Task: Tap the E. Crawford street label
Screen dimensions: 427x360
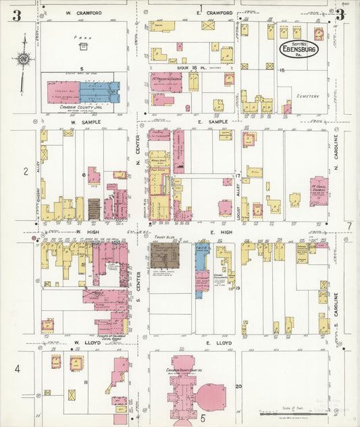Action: click(214, 13)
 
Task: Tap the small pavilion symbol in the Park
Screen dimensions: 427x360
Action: click(83, 47)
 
